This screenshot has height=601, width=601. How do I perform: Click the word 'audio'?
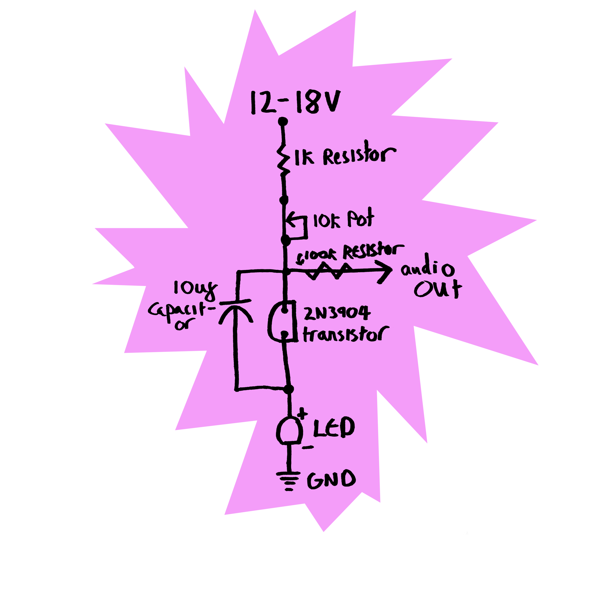coord(427,269)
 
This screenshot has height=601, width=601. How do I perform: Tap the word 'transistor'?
coord(345,335)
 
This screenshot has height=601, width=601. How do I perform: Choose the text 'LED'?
coord(333,428)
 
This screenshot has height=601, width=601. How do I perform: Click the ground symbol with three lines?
coord(289,479)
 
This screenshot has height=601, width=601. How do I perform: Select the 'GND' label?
coord(331,479)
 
